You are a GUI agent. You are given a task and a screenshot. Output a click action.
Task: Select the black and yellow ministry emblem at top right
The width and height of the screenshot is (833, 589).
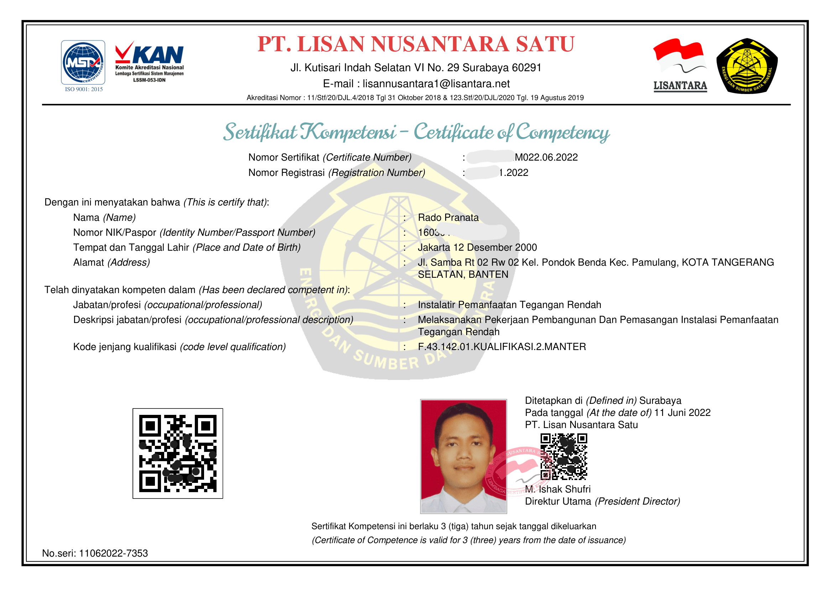(747, 66)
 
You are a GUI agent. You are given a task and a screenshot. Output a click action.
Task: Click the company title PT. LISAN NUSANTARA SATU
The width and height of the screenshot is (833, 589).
(416, 44)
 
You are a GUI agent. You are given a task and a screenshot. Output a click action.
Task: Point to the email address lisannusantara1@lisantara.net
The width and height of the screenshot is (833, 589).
(436, 84)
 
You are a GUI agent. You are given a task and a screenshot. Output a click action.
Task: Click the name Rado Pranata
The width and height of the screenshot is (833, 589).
(448, 218)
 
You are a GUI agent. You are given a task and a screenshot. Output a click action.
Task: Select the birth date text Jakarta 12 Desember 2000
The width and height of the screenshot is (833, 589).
(477, 247)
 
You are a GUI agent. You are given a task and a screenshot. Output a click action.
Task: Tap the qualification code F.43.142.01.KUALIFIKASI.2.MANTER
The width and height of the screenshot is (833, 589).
(502, 347)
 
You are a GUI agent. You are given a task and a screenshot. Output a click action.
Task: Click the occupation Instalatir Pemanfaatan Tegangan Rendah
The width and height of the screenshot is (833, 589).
(509, 305)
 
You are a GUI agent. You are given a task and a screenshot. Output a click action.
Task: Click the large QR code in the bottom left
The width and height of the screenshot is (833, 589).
(178, 453)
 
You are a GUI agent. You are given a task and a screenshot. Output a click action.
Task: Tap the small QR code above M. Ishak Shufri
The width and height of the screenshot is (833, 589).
(563, 456)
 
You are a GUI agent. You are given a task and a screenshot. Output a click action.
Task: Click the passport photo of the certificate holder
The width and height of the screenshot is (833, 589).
(463, 456)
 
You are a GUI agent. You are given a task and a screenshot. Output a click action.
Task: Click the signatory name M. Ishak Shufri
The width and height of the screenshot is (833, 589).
(558, 489)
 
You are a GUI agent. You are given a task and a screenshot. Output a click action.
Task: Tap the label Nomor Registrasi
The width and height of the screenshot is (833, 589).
(286, 173)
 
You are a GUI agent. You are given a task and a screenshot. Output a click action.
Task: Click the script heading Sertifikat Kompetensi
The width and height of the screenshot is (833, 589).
(309, 132)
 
